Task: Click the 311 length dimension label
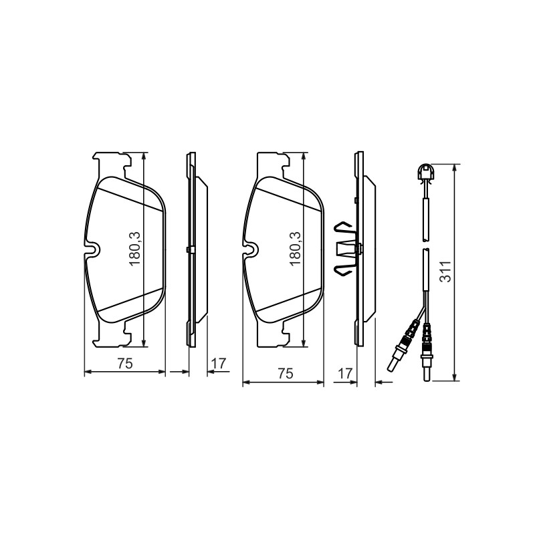click(x=445, y=272)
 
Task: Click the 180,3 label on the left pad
click(x=135, y=248)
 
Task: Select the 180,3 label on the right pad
click(x=295, y=248)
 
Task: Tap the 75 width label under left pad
click(x=125, y=364)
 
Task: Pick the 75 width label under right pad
click(x=286, y=374)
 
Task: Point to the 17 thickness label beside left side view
click(x=219, y=364)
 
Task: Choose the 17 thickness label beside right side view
click(x=345, y=374)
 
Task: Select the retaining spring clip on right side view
click(x=345, y=248)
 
